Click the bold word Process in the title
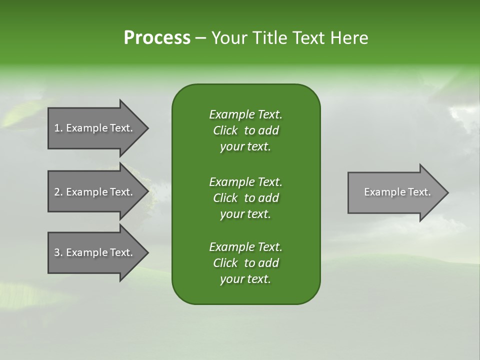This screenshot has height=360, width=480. pyautogui.click(x=157, y=38)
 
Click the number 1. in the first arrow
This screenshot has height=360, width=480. pyautogui.click(x=58, y=128)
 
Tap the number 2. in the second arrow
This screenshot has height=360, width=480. pyautogui.click(x=58, y=192)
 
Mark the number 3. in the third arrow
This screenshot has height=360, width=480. pyautogui.click(x=58, y=252)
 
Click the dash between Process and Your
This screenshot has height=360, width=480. pyautogui.click(x=200, y=38)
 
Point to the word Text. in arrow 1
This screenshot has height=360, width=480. pyautogui.click(x=121, y=128)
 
